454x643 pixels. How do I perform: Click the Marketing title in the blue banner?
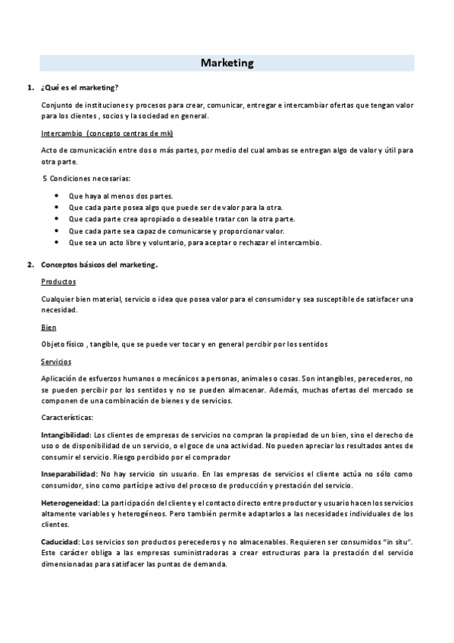pyautogui.click(x=227, y=63)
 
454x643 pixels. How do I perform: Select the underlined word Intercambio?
pyautogui.click(x=61, y=133)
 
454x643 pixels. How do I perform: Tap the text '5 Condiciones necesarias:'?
pyautogui.click(x=86, y=179)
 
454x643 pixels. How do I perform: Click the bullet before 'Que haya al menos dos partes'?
pyautogui.click(x=58, y=196)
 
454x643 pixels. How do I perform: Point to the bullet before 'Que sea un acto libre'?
pyautogui.click(x=58, y=243)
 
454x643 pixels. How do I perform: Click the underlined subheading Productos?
pyautogui.click(x=58, y=281)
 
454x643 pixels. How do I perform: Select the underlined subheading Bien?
pyautogui.click(x=48, y=328)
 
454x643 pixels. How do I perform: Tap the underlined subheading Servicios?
pyautogui.click(x=56, y=362)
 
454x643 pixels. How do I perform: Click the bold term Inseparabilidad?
pyautogui.click(x=68, y=474)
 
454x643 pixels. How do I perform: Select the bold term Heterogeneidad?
pyautogui.click(x=70, y=503)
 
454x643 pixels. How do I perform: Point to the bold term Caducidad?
pyautogui.click(x=60, y=542)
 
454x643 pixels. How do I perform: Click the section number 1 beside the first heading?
pyautogui.click(x=30, y=88)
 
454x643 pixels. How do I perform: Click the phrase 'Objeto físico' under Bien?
pyautogui.click(x=63, y=344)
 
